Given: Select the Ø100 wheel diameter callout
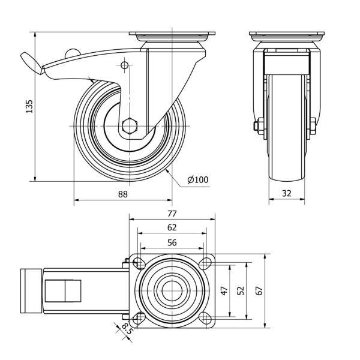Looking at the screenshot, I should pyautogui.click(x=198, y=179).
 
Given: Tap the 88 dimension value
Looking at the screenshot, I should pyautogui.click(x=122, y=194).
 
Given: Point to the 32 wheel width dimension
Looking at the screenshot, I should pyautogui.click(x=286, y=194).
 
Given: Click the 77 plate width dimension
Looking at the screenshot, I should pyautogui.click(x=172, y=214).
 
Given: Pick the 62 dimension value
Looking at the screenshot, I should pyautogui.click(x=172, y=227).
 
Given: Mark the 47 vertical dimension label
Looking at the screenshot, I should pyautogui.click(x=224, y=290).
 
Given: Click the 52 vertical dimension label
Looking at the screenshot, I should pyautogui.click(x=240, y=290).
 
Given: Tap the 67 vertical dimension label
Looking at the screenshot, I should pyautogui.click(x=259, y=290).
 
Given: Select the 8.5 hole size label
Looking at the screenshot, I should pyautogui.click(x=125, y=329).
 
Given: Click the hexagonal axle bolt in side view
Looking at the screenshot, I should pyautogui.click(x=129, y=126).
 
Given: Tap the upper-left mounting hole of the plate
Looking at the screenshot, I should pyautogui.click(x=139, y=263).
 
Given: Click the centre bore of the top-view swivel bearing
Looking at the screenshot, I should pyautogui.click(x=172, y=290).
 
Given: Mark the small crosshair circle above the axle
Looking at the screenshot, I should pyautogui.click(x=124, y=65).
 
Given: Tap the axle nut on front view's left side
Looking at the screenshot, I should pyautogui.click(x=257, y=126).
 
